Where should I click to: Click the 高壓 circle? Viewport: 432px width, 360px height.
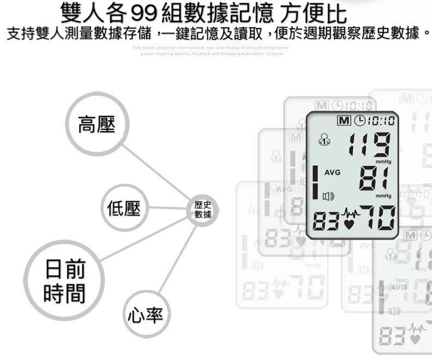tap(97, 125)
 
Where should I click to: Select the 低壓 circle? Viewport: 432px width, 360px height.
tap(125, 208)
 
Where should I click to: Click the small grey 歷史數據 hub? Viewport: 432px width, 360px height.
tap(203, 209)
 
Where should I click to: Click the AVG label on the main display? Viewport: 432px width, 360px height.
tap(332, 172)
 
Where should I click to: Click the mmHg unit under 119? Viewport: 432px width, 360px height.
tap(383, 161)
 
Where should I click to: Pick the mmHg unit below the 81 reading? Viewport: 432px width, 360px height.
tap(383, 196)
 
